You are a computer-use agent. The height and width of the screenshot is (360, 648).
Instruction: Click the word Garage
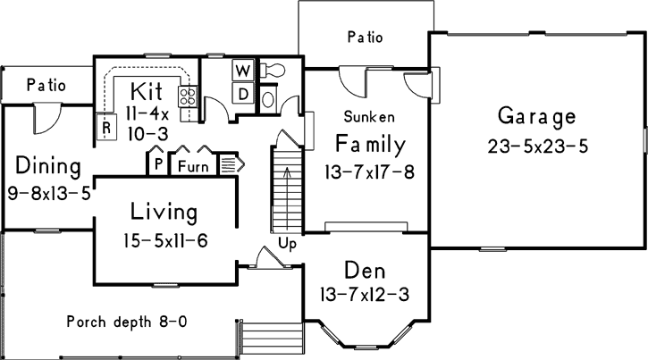(x=536, y=117)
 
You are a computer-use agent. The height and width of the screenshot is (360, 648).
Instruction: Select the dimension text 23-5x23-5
(x=537, y=146)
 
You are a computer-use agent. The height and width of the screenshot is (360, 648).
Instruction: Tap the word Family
(x=370, y=144)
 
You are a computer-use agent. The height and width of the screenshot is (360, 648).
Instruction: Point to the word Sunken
(x=370, y=116)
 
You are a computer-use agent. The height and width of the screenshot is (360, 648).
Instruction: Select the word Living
(x=163, y=213)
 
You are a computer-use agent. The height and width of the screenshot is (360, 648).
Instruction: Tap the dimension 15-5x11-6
(x=166, y=239)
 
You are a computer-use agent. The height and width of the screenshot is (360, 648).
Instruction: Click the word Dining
(x=48, y=166)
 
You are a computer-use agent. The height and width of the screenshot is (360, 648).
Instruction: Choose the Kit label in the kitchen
(x=147, y=90)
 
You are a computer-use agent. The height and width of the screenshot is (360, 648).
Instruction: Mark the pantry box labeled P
(x=157, y=165)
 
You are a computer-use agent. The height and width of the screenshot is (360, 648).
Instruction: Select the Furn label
(x=194, y=166)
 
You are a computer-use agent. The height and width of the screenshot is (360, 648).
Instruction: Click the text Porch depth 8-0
(x=127, y=322)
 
